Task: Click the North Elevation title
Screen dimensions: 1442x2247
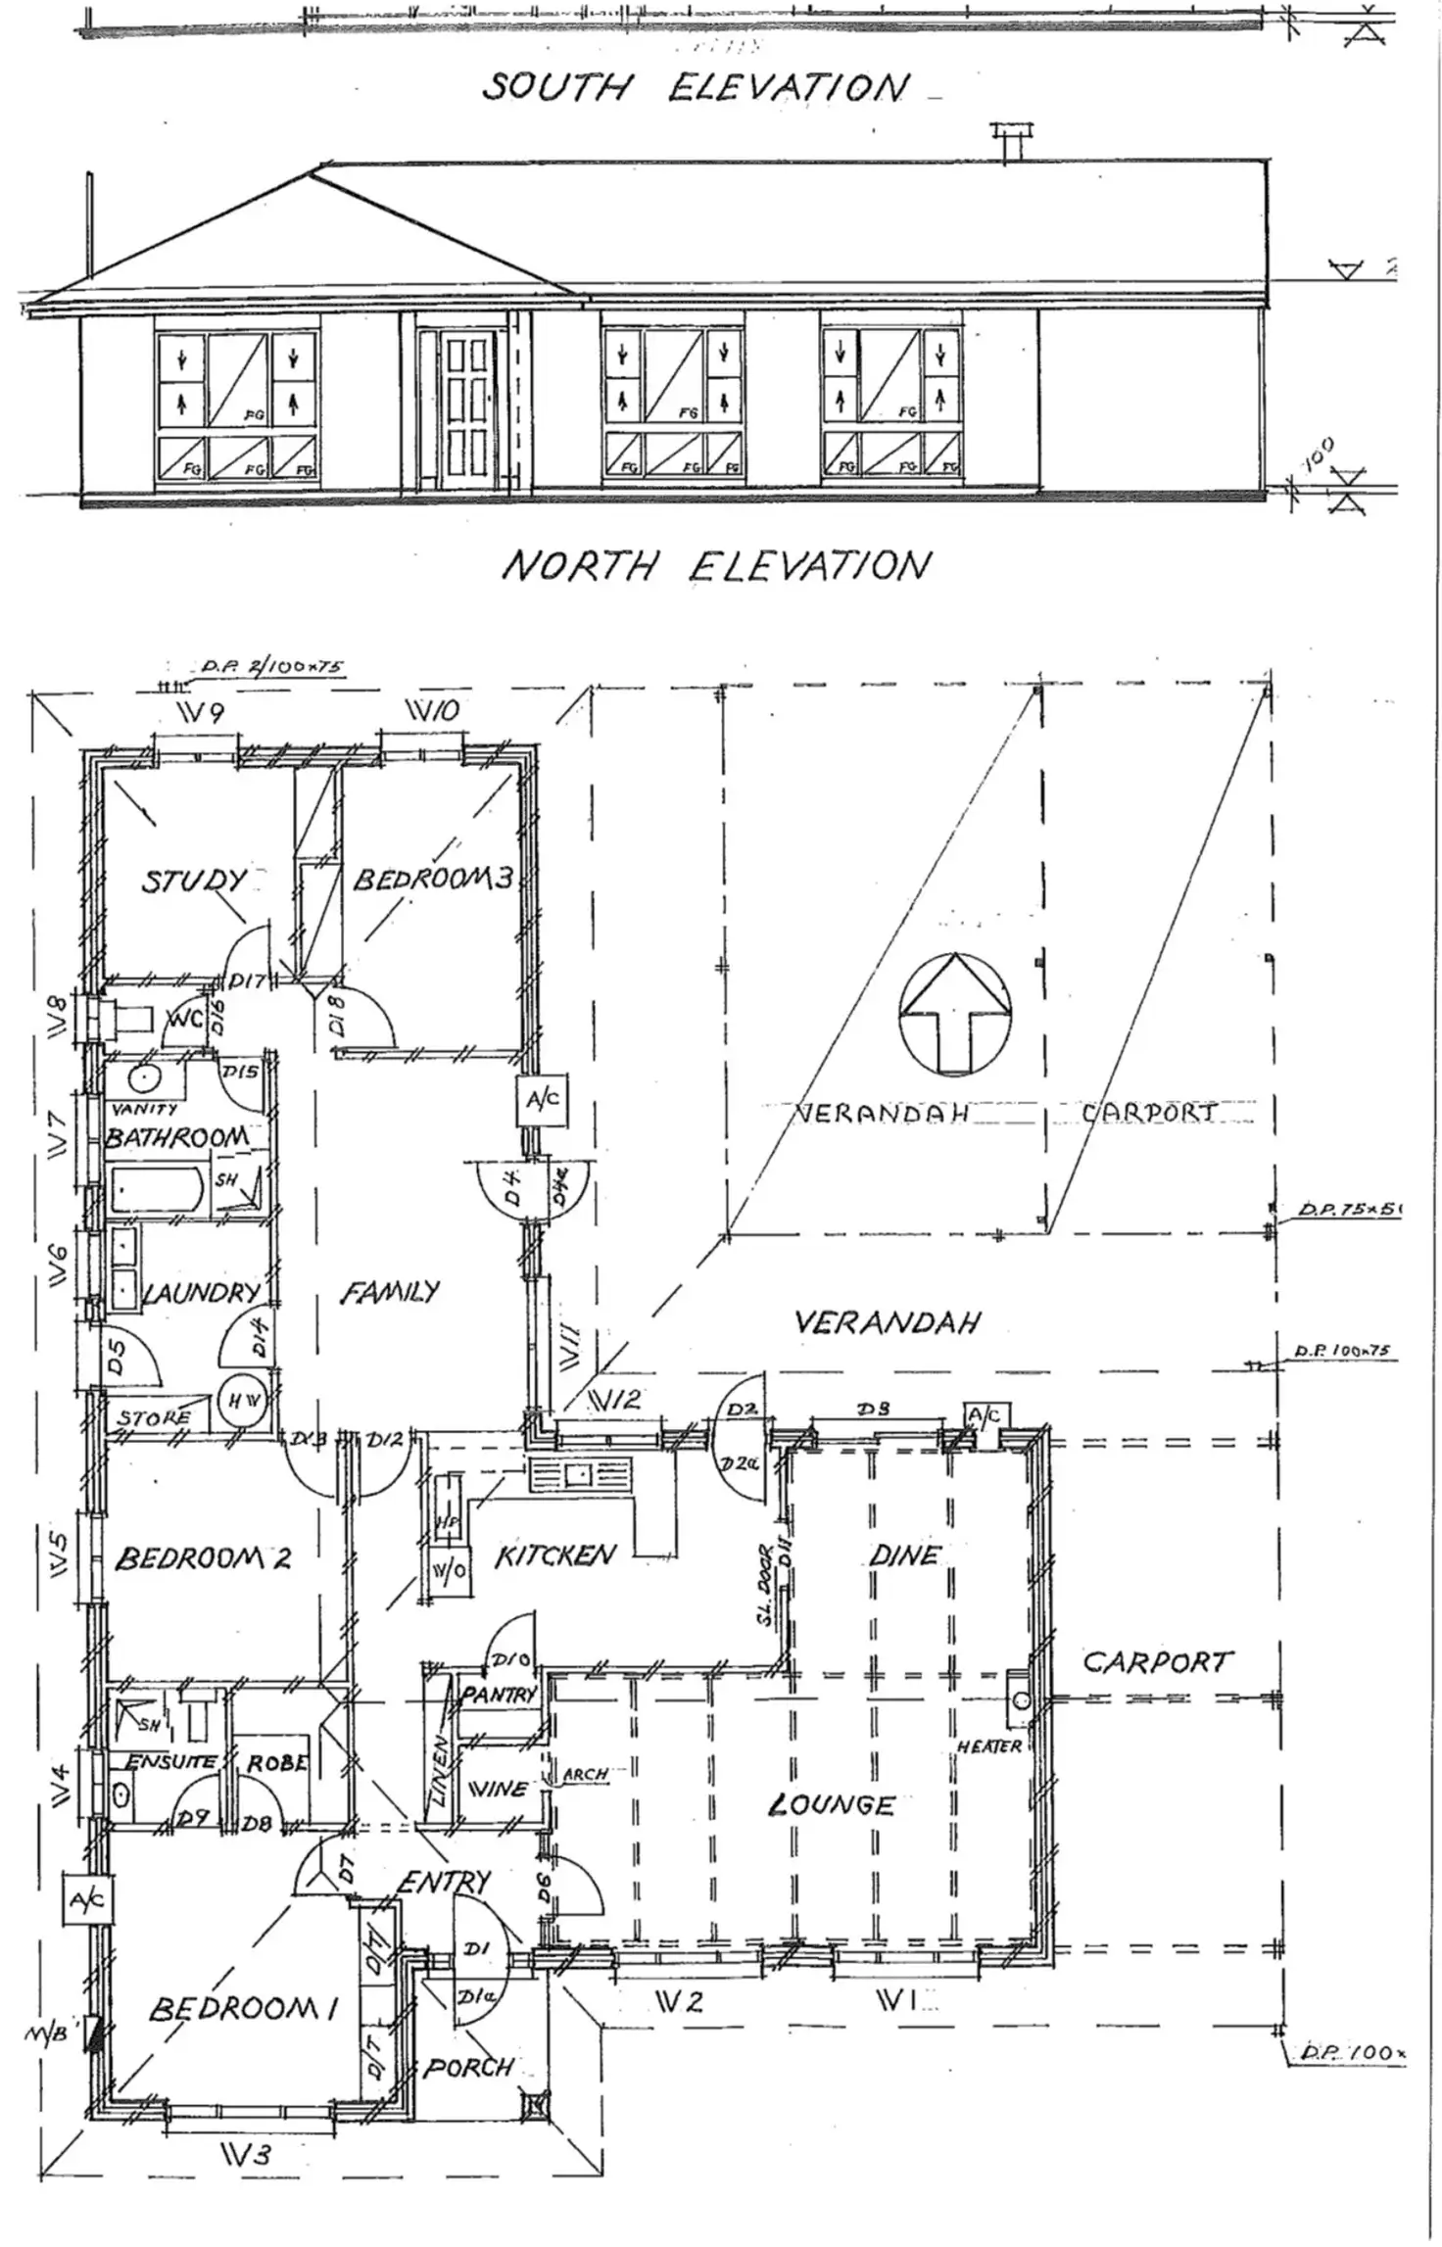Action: tap(714, 567)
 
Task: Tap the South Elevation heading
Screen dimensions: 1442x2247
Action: tap(695, 88)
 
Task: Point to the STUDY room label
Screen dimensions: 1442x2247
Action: tap(193, 880)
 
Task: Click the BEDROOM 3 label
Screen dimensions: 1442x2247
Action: tap(432, 879)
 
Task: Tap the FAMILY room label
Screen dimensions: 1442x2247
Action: tap(390, 1293)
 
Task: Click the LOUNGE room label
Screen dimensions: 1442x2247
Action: tap(832, 1804)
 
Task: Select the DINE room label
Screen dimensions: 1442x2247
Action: tap(903, 1554)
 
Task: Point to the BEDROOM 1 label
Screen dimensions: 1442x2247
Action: tap(244, 2009)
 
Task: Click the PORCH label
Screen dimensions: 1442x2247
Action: tap(468, 2068)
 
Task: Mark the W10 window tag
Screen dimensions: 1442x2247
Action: tap(432, 712)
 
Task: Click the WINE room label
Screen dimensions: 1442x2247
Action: tap(500, 1789)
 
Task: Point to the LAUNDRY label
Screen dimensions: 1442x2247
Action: tap(203, 1293)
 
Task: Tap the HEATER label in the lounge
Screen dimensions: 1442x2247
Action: tap(988, 1746)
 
